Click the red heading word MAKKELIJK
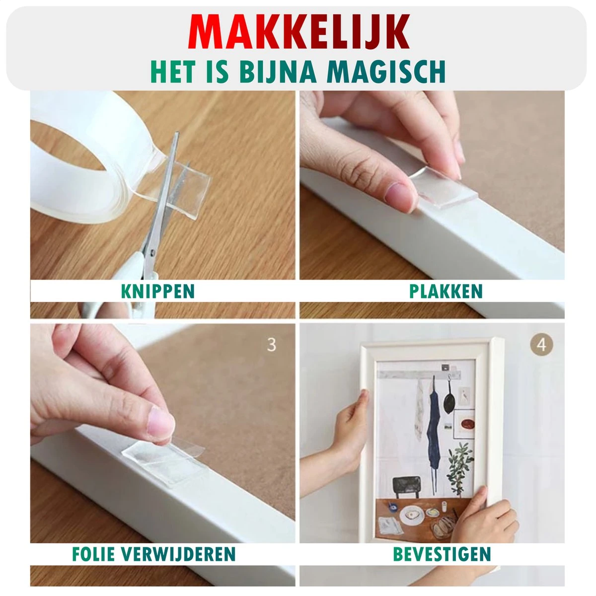coord(299,32)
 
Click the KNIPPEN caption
coord(158,291)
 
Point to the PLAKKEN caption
coord(446,291)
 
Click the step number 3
coord(272,345)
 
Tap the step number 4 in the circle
coord(541,345)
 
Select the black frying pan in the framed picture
coord(449,398)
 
